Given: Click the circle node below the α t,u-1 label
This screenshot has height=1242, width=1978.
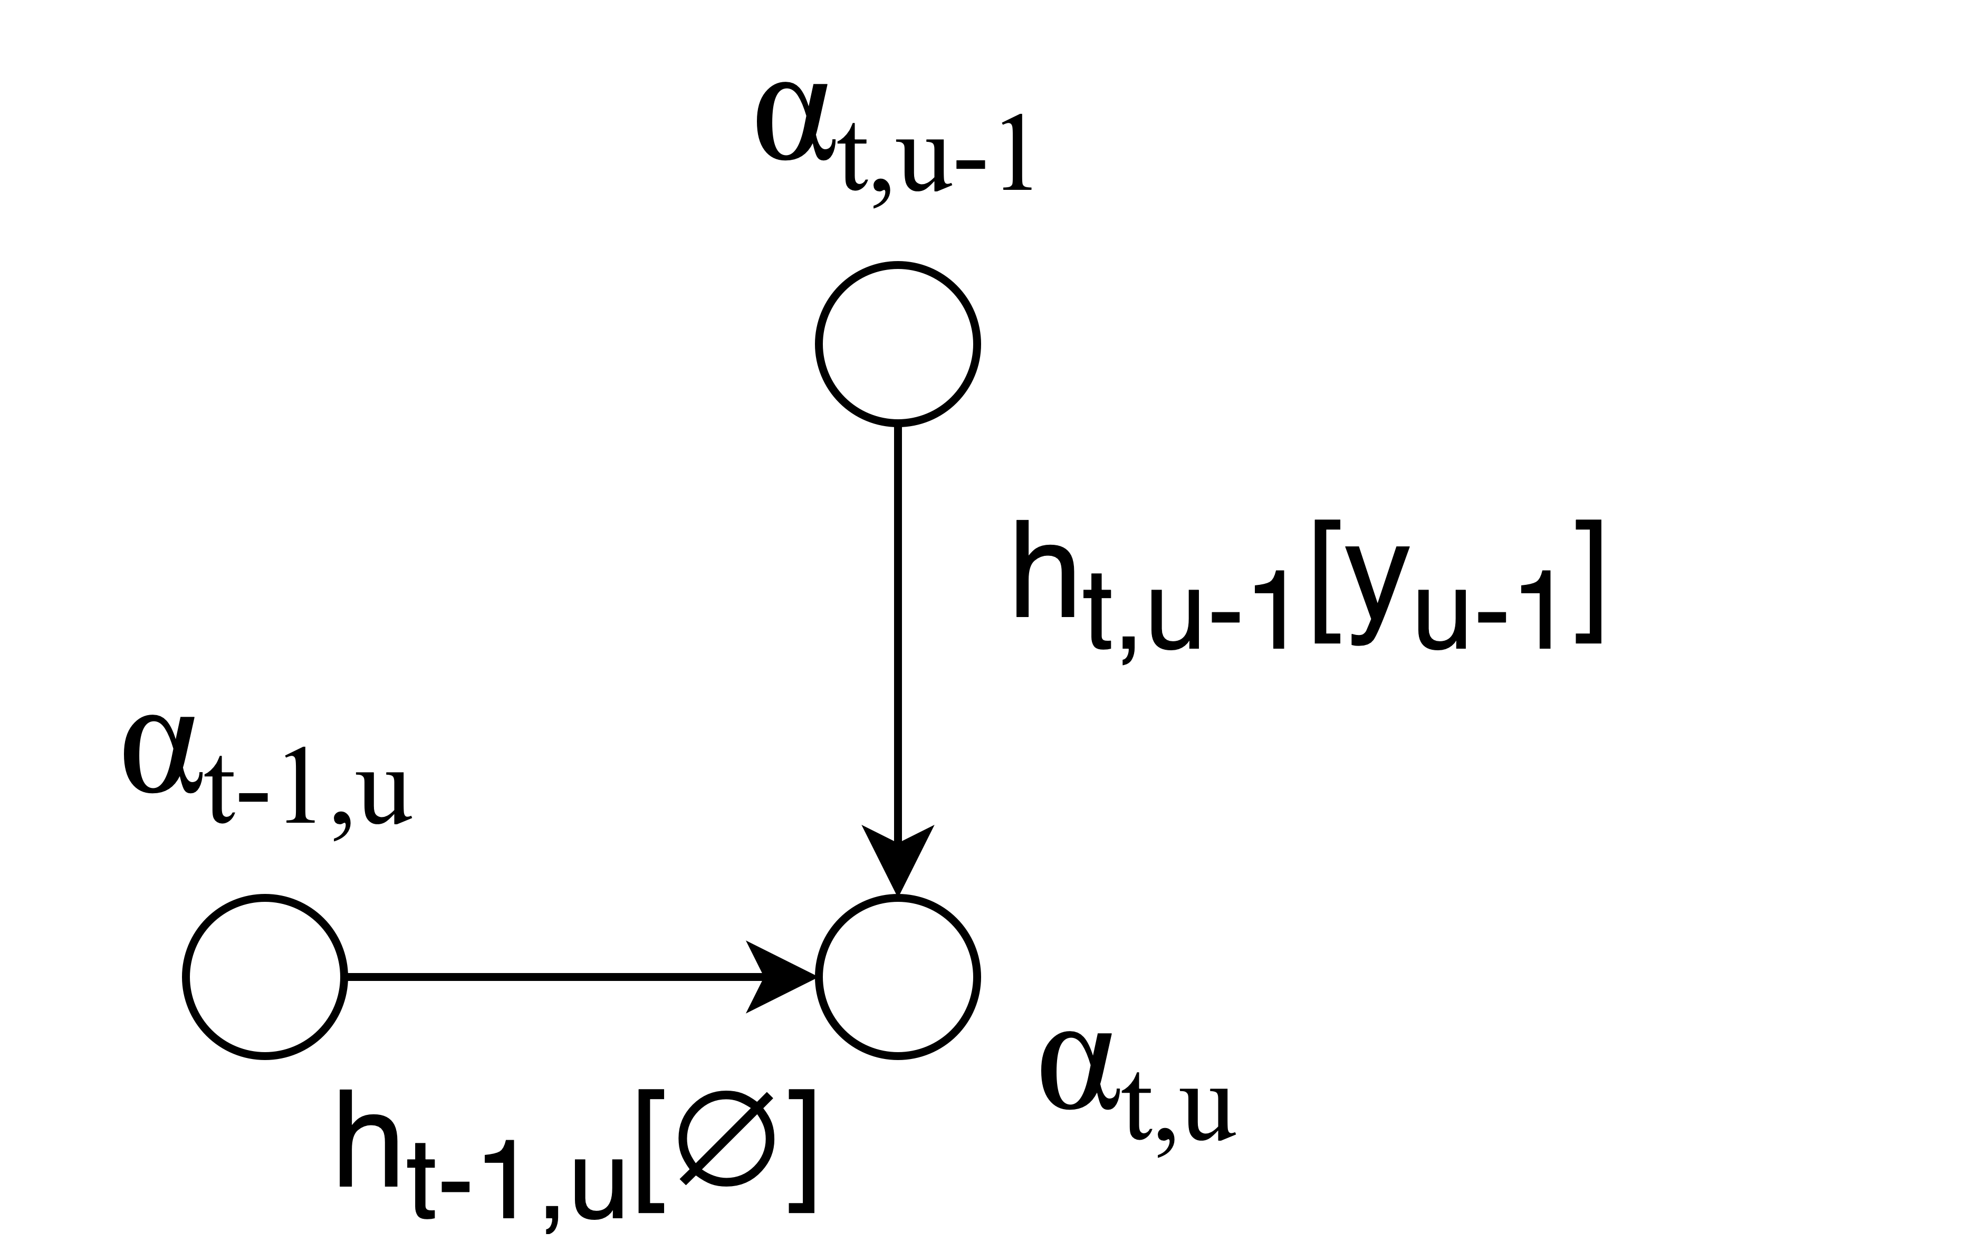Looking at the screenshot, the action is pos(898,344).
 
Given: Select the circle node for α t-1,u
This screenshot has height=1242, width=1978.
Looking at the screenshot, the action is pos(264,977).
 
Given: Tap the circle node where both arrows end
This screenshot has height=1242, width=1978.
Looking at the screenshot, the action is pos(898,977).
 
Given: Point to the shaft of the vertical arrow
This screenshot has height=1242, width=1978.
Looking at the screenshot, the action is pos(898,624).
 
